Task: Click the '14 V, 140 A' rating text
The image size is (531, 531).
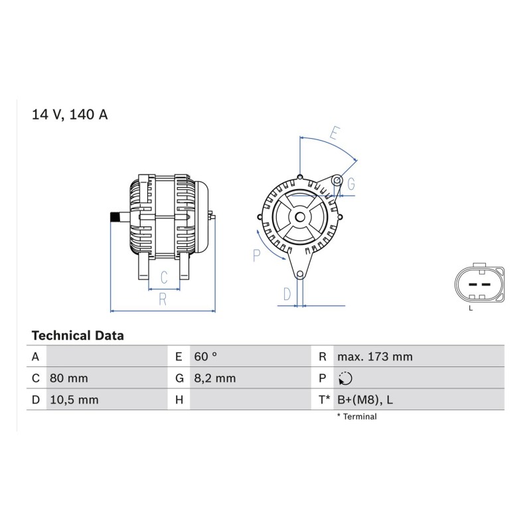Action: click(x=70, y=114)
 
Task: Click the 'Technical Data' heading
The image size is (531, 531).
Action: click(x=78, y=336)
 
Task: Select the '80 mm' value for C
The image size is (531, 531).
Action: click(x=69, y=378)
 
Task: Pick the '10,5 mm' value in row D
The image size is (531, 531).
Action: click(x=74, y=400)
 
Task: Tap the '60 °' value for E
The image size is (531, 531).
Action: click(x=206, y=356)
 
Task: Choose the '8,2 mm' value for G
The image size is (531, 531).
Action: click(x=215, y=378)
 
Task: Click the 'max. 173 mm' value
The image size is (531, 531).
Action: click(x=375, y=356)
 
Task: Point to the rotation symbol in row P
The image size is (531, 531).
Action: click(x=345, y=378)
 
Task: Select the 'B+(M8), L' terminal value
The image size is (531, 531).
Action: click(x=365, y=400)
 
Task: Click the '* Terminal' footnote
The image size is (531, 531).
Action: click(x=356, y=417)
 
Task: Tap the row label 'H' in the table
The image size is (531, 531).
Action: click(x=179, y=400)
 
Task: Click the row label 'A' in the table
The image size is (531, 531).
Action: click(x=36, y=356)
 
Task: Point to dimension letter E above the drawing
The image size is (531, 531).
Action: click(x=335, y=133)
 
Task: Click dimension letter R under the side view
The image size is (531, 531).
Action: click(x=163, y=299)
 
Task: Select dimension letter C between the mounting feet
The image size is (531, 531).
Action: click(x=164, y=277)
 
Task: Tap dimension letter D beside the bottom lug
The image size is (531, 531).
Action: click(x=287, y=294)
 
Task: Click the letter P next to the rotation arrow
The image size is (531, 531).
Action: click(x=257, y=256)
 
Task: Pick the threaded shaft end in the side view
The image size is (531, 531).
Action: click(x=115, y=217)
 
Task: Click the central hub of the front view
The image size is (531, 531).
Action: click(x=300, y=217)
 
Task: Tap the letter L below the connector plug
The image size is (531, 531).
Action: click(x=471, y=309)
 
